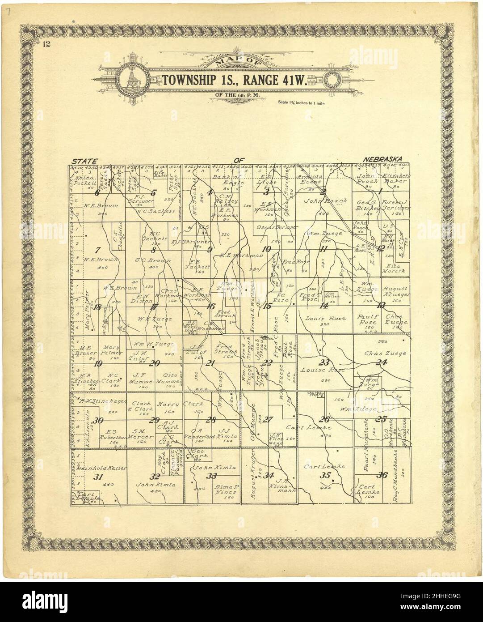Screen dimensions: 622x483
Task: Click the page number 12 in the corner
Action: pos(46,44)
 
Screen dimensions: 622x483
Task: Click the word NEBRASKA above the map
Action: pos(383,159)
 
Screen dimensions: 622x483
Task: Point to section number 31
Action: pos(98,477)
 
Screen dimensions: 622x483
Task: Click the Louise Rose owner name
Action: pos(317,370)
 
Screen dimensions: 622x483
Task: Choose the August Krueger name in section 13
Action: pos(396,292)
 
